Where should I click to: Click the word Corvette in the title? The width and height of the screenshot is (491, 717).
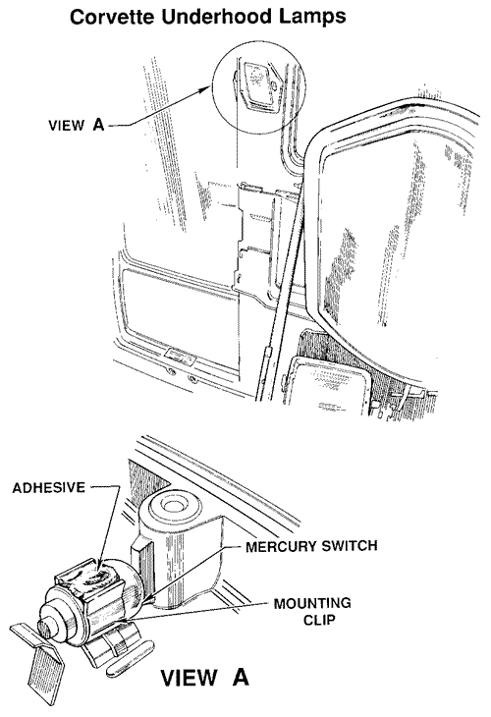111,17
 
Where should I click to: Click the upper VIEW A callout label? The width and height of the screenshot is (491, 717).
77,125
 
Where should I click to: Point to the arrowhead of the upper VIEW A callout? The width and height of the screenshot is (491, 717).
206,89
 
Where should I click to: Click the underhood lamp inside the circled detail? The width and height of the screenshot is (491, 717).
257,85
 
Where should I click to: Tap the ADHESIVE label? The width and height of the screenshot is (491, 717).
48,487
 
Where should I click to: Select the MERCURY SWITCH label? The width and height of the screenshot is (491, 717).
311,546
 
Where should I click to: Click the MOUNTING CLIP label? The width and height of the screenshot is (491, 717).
312,611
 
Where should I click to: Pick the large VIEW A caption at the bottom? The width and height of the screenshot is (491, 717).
205,677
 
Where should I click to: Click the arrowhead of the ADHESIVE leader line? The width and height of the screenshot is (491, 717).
101,566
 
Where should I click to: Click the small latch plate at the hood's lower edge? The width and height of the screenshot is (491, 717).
180,356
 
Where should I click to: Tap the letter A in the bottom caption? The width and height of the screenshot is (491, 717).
240,677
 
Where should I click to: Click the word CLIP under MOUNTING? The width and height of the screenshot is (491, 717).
319,620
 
